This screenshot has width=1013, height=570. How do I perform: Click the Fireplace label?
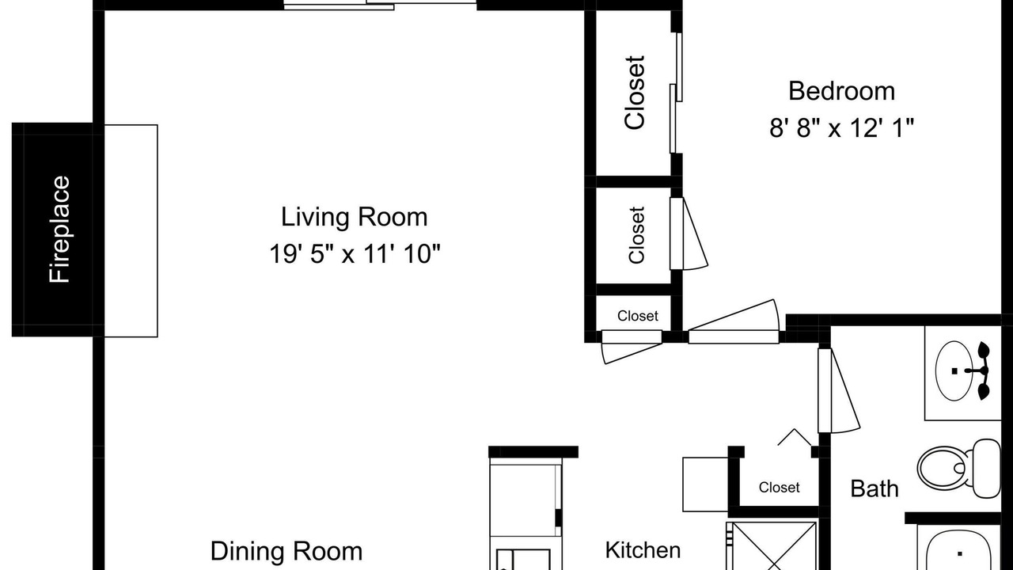pos(59,230)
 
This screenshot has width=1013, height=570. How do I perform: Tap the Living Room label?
pos(354,217)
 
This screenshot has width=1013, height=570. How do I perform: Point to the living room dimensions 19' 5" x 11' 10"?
pos(355,253)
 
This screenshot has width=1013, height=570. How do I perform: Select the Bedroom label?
pos(841,91)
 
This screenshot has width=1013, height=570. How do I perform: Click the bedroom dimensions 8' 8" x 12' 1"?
pos(841,127)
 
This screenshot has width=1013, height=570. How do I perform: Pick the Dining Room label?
pos(286,551)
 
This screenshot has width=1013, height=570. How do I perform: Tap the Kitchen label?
pos(643,550)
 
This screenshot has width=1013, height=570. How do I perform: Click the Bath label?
pos(875,488)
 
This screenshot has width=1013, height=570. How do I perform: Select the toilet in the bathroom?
pos(959,468)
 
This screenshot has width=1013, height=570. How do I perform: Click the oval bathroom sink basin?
pos(954,370)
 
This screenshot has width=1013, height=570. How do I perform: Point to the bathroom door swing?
pos(837,390)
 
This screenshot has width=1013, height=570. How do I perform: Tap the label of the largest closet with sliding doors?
pos(635,93)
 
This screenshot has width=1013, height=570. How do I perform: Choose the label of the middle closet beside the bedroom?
pos(636,235)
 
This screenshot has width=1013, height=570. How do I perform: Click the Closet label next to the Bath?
pos(780,487)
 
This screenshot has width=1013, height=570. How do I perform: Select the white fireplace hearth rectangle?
pos(131,230)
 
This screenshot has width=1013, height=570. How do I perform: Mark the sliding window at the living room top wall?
pos(380,4)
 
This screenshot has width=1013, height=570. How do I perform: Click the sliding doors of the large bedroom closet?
pos(676,93)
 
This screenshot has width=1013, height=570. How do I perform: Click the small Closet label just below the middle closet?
pos(638,315)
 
